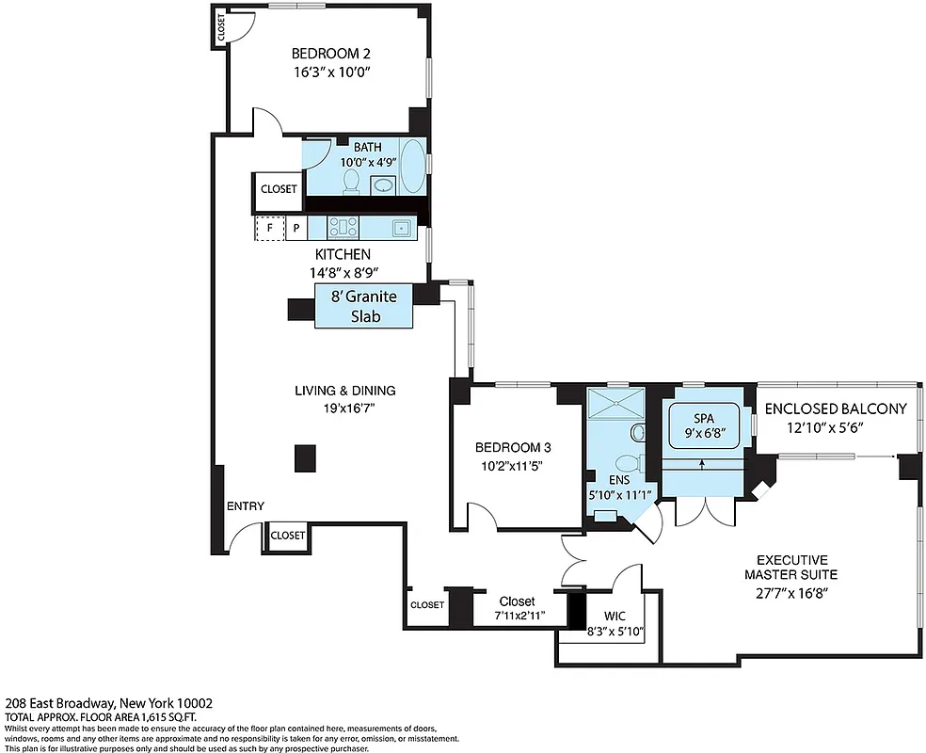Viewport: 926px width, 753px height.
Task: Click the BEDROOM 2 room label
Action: click(325, 54)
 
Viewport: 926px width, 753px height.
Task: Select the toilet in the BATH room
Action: click(352, 180)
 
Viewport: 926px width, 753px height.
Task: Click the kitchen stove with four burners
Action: click(341, 227)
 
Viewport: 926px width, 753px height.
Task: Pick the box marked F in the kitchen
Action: click(270, 228)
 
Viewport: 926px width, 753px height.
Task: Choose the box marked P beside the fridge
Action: click(296, 228)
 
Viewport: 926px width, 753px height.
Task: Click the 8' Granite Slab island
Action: click(364, 308)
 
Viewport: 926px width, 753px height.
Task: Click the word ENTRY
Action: click(246, 506)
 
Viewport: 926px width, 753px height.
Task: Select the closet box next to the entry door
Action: click(287, 535)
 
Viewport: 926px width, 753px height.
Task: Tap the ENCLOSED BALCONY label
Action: click(835, 409)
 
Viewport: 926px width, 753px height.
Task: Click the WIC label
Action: click(615, 616)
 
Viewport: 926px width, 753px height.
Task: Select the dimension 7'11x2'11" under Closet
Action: click(517, 617)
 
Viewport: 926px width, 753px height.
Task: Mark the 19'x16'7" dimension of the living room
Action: click(345, 408)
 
